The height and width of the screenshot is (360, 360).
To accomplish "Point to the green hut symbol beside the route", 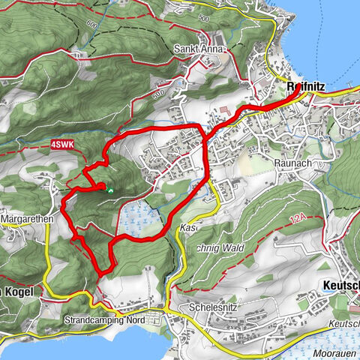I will coord(110,191).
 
